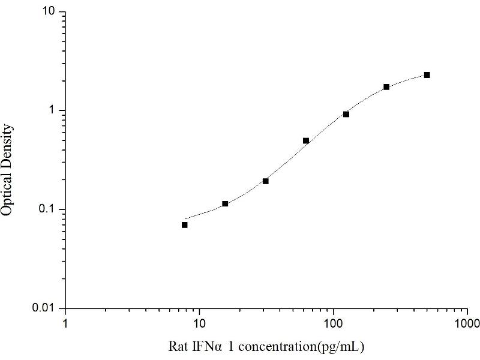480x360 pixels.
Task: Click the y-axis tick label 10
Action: [49, 12]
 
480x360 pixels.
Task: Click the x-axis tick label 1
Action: [65, 324]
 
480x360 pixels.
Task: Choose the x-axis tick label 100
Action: [333, 324]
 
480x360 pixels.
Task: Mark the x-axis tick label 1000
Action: [467, 324]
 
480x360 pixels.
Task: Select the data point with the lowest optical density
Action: [185, 225]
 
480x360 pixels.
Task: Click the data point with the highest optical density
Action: [427, 75]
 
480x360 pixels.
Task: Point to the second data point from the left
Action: [225, 204]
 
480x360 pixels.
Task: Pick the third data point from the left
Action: [265, 181]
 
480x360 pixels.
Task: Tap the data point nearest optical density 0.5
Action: [306, 141]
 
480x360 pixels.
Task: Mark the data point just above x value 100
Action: [346, 114]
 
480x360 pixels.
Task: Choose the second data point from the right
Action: [386, 87]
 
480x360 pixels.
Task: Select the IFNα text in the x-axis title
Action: [207, 346]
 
